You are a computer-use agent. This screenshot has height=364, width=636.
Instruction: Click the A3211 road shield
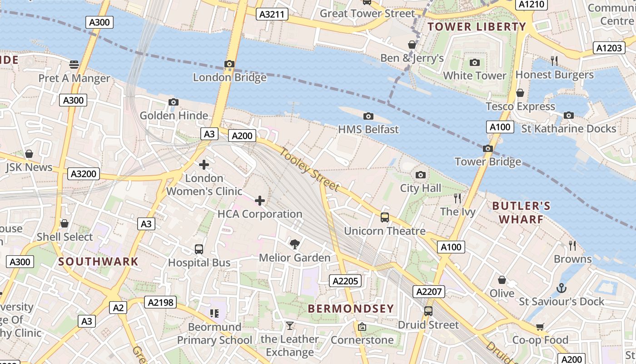272,14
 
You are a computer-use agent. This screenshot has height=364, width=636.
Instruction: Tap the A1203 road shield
609,48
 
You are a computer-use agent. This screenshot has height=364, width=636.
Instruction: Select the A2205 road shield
345,281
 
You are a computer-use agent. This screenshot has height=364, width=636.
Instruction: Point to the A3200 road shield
84,173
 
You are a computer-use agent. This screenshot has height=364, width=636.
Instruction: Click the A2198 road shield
160,302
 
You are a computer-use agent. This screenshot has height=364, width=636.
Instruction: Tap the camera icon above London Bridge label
229,64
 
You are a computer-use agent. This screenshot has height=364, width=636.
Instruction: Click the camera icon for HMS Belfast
368,116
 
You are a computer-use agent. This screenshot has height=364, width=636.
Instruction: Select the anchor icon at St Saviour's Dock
561,288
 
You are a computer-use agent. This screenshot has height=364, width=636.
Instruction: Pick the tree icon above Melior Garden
294,244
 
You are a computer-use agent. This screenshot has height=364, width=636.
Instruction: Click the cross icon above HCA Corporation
260,200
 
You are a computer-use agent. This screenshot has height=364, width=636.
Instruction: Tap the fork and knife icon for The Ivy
457,198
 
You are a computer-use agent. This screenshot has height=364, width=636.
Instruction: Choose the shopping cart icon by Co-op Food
540,327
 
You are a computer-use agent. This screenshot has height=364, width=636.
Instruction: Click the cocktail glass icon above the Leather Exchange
289,325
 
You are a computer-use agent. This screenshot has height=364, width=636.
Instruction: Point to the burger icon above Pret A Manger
74,65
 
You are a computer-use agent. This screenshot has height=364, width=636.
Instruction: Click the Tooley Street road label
309,170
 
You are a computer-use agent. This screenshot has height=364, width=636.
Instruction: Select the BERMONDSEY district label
351,308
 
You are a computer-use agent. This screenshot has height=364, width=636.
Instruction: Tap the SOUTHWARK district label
98,262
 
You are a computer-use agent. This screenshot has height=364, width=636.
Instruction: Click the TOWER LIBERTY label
477,27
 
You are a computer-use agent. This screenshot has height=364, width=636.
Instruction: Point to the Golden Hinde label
174,116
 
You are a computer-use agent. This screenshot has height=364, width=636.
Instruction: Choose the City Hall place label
421,188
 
